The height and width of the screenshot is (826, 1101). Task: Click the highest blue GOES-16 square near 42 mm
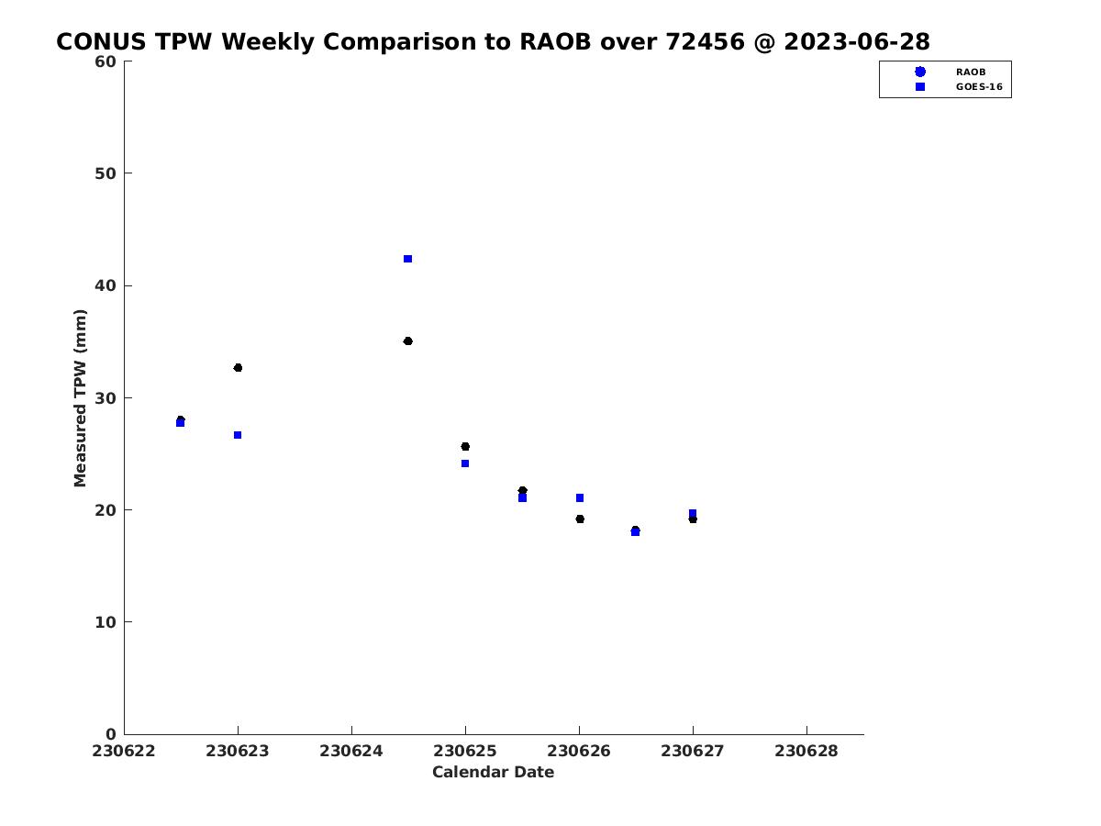tap(407, 259)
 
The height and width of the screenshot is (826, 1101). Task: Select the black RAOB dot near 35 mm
tap(407, 341)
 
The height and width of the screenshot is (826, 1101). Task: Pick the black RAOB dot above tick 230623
tap(238, 368)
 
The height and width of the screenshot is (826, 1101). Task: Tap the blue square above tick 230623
tap(238, 435)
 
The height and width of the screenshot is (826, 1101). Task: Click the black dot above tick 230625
tap(465, 446)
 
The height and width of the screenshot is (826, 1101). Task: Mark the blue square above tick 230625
tap(465, 463)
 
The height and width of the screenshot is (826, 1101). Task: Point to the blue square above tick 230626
tap(580, 498)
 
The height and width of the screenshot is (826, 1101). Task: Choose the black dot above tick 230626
tap(580, 519)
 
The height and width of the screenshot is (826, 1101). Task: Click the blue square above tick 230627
tap(693, 513)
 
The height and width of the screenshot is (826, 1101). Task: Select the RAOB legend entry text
tap(971, 73)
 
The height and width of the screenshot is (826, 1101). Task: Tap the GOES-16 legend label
tap(979, 87)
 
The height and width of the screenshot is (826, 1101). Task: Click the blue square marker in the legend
tap(920, 87)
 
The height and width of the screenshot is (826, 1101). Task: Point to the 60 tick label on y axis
tap(106, 61)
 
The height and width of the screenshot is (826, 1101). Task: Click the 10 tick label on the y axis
tap(106, 622)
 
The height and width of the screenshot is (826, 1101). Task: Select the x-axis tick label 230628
tap(806, 751)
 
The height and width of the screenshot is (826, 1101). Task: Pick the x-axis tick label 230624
tap(351, 751)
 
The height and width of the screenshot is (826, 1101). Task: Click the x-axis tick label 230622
tap(123, 751)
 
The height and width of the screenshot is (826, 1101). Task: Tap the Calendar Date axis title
tap(493, 772)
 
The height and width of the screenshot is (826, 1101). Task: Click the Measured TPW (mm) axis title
tap(80, 398)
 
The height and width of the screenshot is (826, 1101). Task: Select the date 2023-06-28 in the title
tap(857, 41)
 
